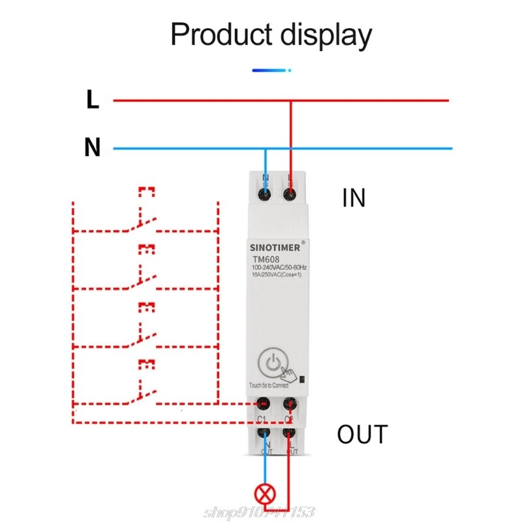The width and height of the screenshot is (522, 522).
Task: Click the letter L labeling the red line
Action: coord(93,100)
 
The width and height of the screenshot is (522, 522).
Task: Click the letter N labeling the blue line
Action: coord(93,148)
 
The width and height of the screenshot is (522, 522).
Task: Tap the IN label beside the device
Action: coord(354,198)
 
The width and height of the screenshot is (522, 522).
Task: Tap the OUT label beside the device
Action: coord(362,434)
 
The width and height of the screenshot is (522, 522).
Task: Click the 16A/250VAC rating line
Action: coord(275,276)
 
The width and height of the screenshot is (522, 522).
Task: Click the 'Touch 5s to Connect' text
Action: coord(269,385)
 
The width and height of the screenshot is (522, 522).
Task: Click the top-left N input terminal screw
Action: coord(265,193)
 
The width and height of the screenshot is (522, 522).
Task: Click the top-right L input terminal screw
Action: coord(289,193)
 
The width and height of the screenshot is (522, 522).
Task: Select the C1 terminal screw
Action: coord(264,403)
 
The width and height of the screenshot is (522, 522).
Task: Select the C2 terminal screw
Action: coord(290,403)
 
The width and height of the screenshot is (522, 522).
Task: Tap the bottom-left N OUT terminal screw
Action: coord(264,432)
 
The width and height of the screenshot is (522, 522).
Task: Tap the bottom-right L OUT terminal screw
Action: coord(290,432)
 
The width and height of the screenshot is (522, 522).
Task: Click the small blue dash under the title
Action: coord(268,69)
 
